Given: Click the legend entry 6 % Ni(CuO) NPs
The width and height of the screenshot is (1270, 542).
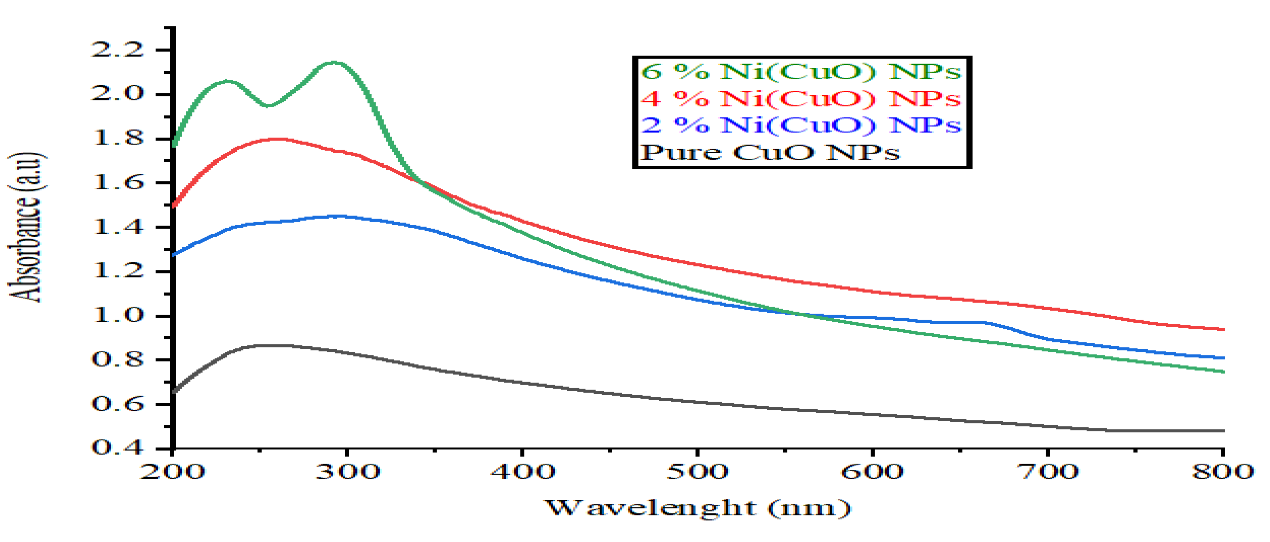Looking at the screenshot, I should click(x=801, y=72).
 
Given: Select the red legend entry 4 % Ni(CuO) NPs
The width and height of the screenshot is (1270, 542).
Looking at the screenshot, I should click(x=801, y=99).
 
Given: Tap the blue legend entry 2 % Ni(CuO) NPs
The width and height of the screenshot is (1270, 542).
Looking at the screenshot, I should click(x=801, y=125).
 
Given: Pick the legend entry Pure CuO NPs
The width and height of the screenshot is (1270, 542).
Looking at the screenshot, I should click(x=770, y=152).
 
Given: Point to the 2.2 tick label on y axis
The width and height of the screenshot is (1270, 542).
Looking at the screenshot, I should click(x=117, y=49).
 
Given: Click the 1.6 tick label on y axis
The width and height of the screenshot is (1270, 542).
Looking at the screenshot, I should click(x=117, y=183).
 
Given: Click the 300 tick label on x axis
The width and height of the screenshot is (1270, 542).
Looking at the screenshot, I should click(x=347, y=472).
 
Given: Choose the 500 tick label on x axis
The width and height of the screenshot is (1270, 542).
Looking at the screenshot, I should click(x=697, y=472).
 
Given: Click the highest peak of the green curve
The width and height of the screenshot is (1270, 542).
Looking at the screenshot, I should click(x=334, y=62).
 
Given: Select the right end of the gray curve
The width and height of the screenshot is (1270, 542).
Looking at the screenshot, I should click(x=1224, y=431).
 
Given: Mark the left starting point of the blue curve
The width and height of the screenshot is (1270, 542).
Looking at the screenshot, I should click(x=174, y=255).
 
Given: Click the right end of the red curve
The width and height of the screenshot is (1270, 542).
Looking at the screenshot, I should click(x=1224, y=329).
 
